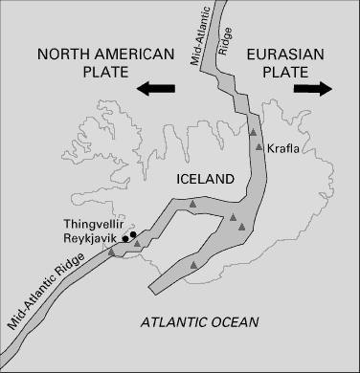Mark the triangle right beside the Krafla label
pyautogui.click(x=259, y=146)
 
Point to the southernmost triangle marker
pyautogui.click(x=194, y=263)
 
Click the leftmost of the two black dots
pyautogui.click(x=126, y=238)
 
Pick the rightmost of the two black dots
pyautogui.click(x=134, y=233)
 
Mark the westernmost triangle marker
pyautogui.click(x=113, y=252)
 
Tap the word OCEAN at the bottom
pyautogui.click(x=235, y=321)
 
